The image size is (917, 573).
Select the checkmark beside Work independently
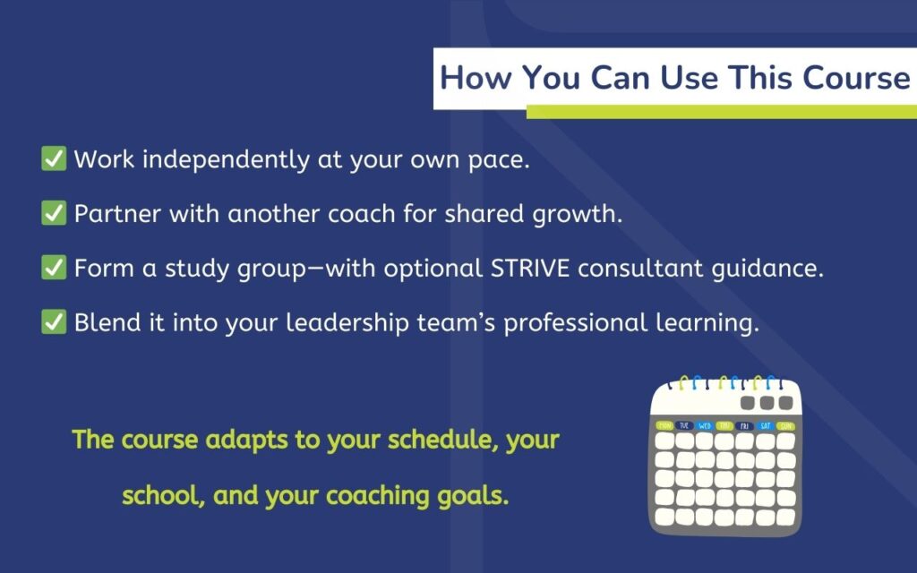coord(54,159)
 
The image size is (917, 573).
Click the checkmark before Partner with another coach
coord(54,214)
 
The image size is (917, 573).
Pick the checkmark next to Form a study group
coord(54,269)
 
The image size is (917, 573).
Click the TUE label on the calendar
coord(685,425)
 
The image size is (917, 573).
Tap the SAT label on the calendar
coord(766,425)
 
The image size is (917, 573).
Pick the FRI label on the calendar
coord(745,425)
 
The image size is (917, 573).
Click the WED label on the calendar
coord(705,425)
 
